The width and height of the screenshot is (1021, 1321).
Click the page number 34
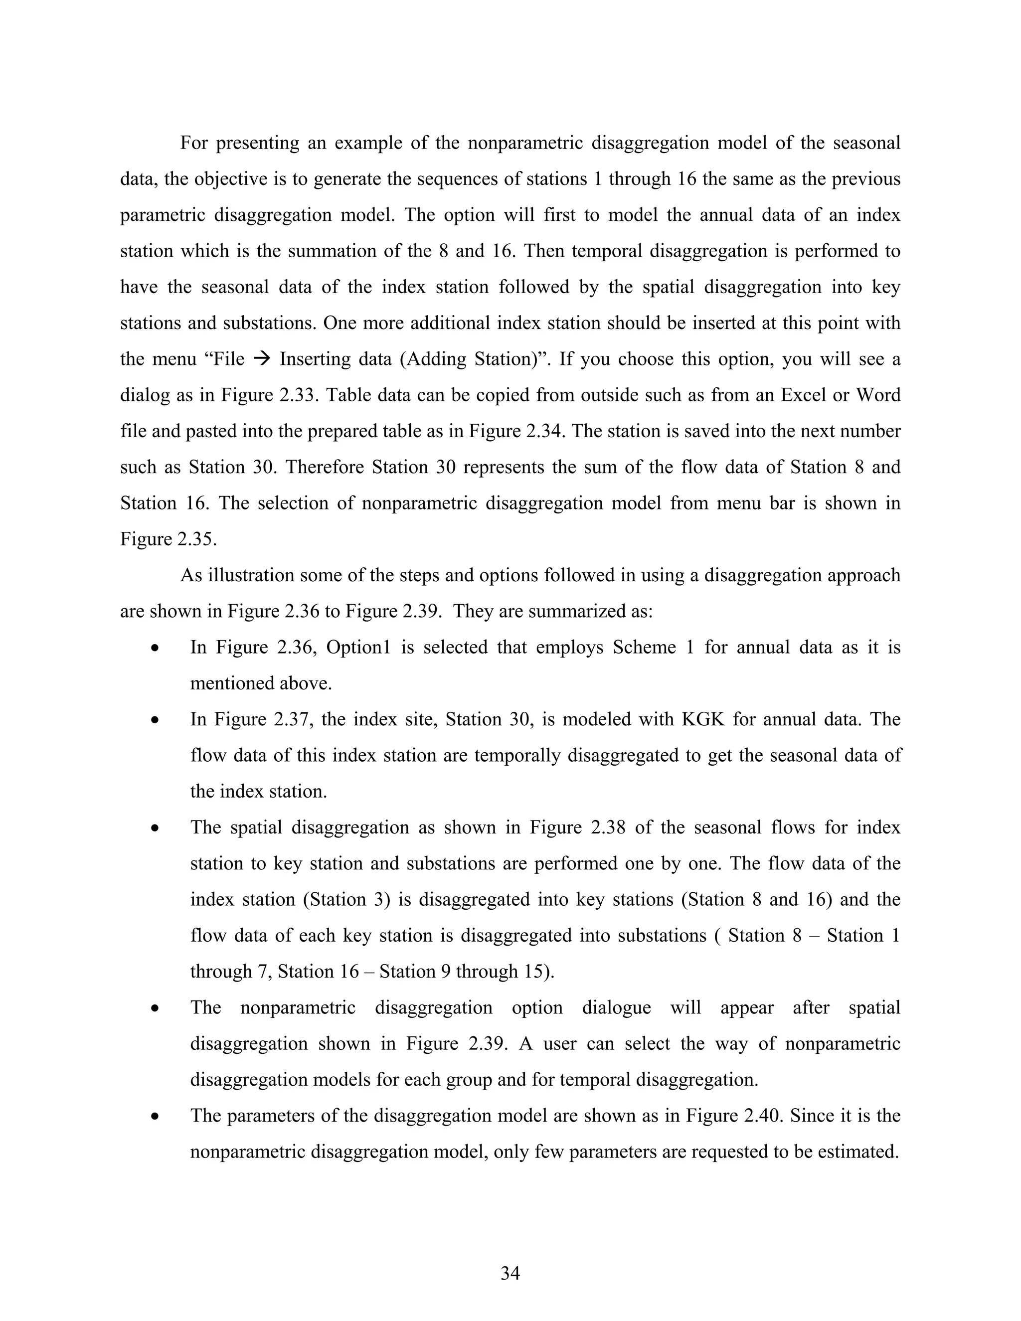pyautogui.click(x=510, y=1273)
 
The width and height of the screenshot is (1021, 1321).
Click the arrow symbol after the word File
pyautogui.click(x=261, y=359)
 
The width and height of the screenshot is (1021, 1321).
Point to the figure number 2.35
pyautogui.click(x=195, y=539)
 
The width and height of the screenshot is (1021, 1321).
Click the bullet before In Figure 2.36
pyautogui.click(x=156, y=649)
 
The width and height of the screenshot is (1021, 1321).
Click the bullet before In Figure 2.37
pyautogui.click(x=156, y=720)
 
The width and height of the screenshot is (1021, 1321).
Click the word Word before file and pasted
pyautogui.click(x=878, y=395)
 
